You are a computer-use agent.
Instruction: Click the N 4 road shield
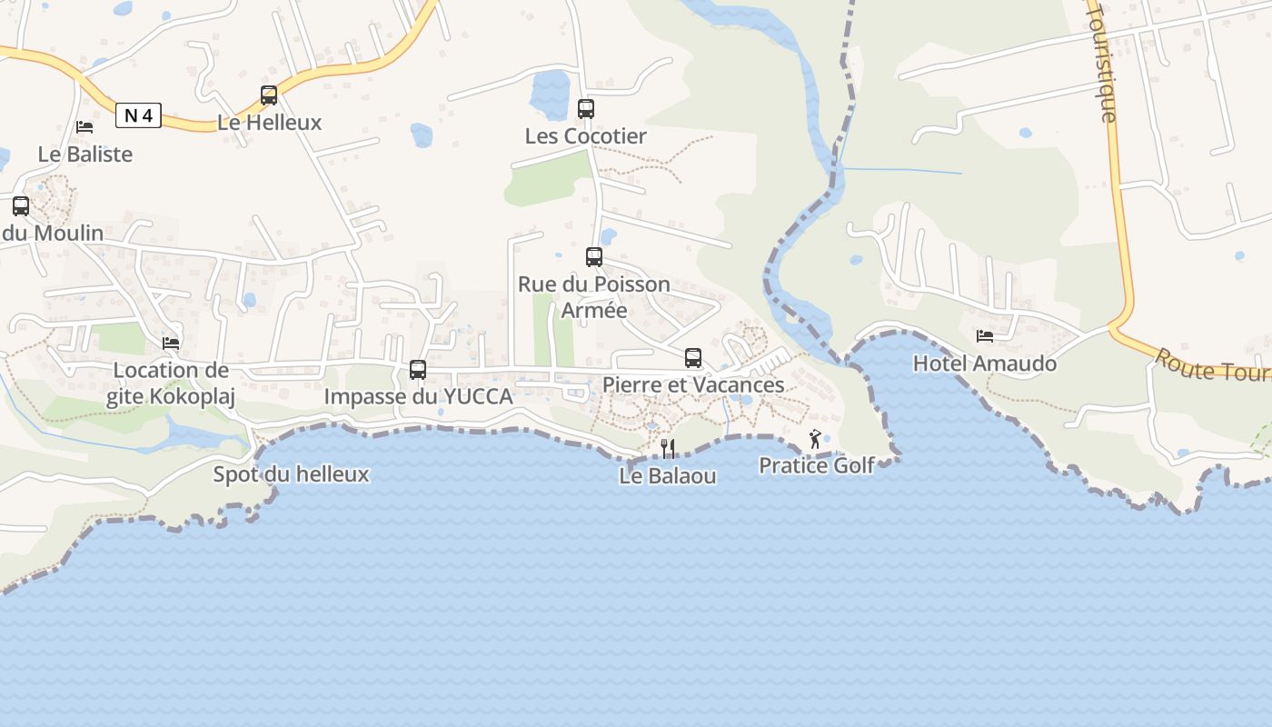point(138,115)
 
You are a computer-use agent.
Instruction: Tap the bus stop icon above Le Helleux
point(269,95)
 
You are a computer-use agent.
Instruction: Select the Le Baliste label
point(85,154)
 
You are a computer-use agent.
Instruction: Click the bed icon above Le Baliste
point(84,127)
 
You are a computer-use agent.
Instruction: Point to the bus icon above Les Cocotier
point(586,109)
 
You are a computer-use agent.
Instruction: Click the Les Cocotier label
point(586,136)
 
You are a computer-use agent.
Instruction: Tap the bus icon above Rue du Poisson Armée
point(594,257)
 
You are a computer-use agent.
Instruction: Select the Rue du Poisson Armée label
point(594,297)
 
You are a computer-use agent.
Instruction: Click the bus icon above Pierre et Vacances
point(693,358)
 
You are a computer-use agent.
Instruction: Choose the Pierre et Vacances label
point(693,384)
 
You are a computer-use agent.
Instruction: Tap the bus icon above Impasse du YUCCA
point(418,370)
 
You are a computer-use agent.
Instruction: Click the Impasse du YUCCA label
point(419,397)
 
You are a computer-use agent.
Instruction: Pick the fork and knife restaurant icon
point(668,448)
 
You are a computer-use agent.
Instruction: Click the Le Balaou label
point(668,475)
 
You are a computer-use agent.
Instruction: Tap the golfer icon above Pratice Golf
point(815,440)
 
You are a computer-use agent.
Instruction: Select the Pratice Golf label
point(817,465)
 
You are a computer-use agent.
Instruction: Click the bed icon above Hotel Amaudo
point(985,336)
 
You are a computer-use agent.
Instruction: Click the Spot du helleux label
point(291,473)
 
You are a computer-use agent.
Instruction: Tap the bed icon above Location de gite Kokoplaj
point(171,343)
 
